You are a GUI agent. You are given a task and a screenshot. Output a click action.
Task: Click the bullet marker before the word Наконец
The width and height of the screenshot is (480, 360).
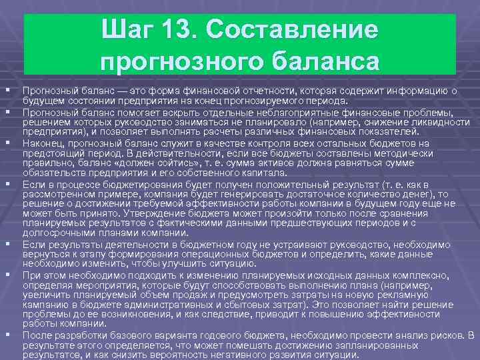coord(7,142)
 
